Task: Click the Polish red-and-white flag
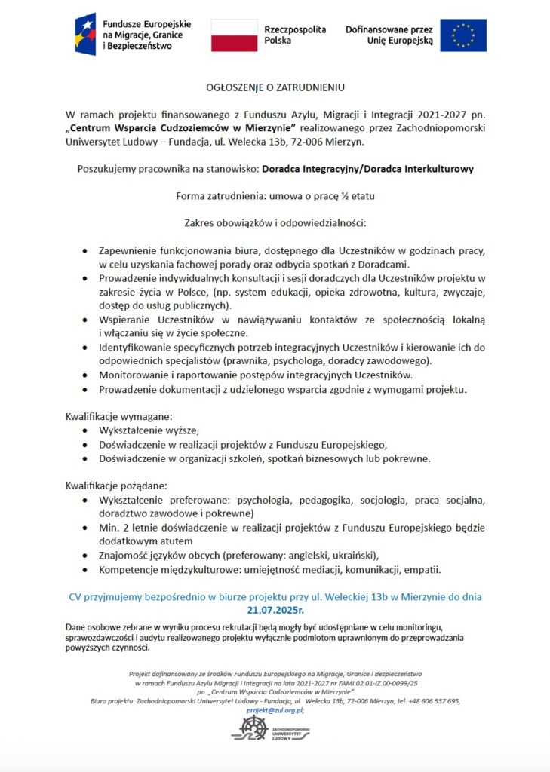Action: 234,35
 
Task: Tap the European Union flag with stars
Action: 462,35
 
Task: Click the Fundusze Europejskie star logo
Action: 85,35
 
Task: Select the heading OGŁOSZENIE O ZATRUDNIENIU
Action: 275,87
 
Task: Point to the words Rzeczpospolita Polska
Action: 295,35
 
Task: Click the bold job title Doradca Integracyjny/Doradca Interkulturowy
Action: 367,169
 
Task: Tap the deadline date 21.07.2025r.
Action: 275,609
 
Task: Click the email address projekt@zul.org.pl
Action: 275,710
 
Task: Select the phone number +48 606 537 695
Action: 434,701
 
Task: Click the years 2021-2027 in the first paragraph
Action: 422,115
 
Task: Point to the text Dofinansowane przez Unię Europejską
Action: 389,35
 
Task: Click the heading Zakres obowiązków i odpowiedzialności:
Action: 275,223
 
